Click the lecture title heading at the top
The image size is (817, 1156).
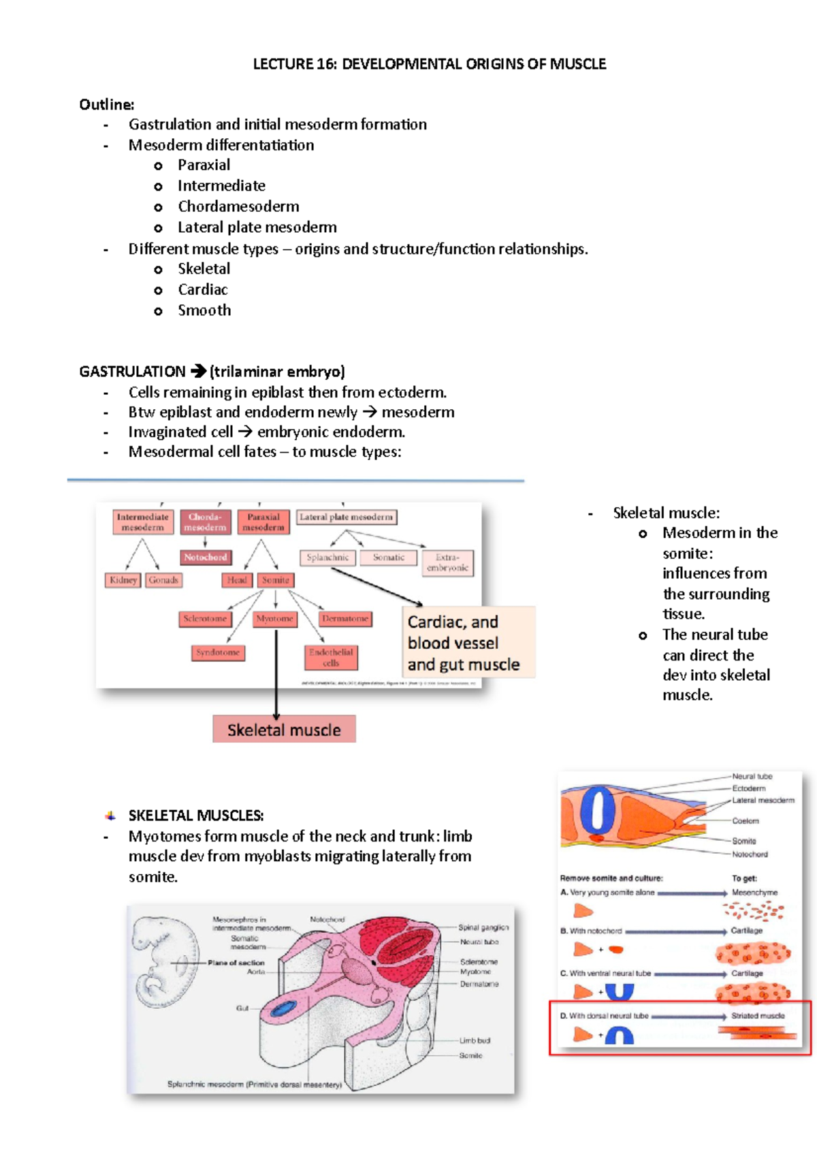(x=429, y=64)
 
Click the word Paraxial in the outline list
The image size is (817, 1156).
(x=204, y=165)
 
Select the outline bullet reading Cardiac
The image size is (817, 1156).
(x=202, y=289)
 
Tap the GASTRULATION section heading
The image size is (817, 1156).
(x=132, y=372)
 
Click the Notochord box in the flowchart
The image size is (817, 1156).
(x=205, y=557)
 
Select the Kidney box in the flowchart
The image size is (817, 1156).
(x=123, y=580)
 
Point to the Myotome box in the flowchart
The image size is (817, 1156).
(x=275, y=618)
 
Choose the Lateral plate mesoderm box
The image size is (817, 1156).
(x=347, y=517)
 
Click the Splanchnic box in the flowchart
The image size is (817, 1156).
(x=327, y=558)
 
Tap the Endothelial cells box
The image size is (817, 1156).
(x=331, y=657)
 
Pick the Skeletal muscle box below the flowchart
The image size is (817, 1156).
(x=284, y=730)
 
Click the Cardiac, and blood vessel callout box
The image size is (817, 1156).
(x=468, y=643)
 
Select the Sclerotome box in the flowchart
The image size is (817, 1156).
(x=205, y=618)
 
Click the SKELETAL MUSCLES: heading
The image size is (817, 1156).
(x=196, y=816)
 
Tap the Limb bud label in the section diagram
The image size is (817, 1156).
(x=475, y=1040)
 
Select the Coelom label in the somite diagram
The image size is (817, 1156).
(x=746, y=821)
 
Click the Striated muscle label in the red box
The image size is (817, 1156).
(x=758, y=1016)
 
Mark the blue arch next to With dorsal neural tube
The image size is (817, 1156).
(x=619, y=1035)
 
